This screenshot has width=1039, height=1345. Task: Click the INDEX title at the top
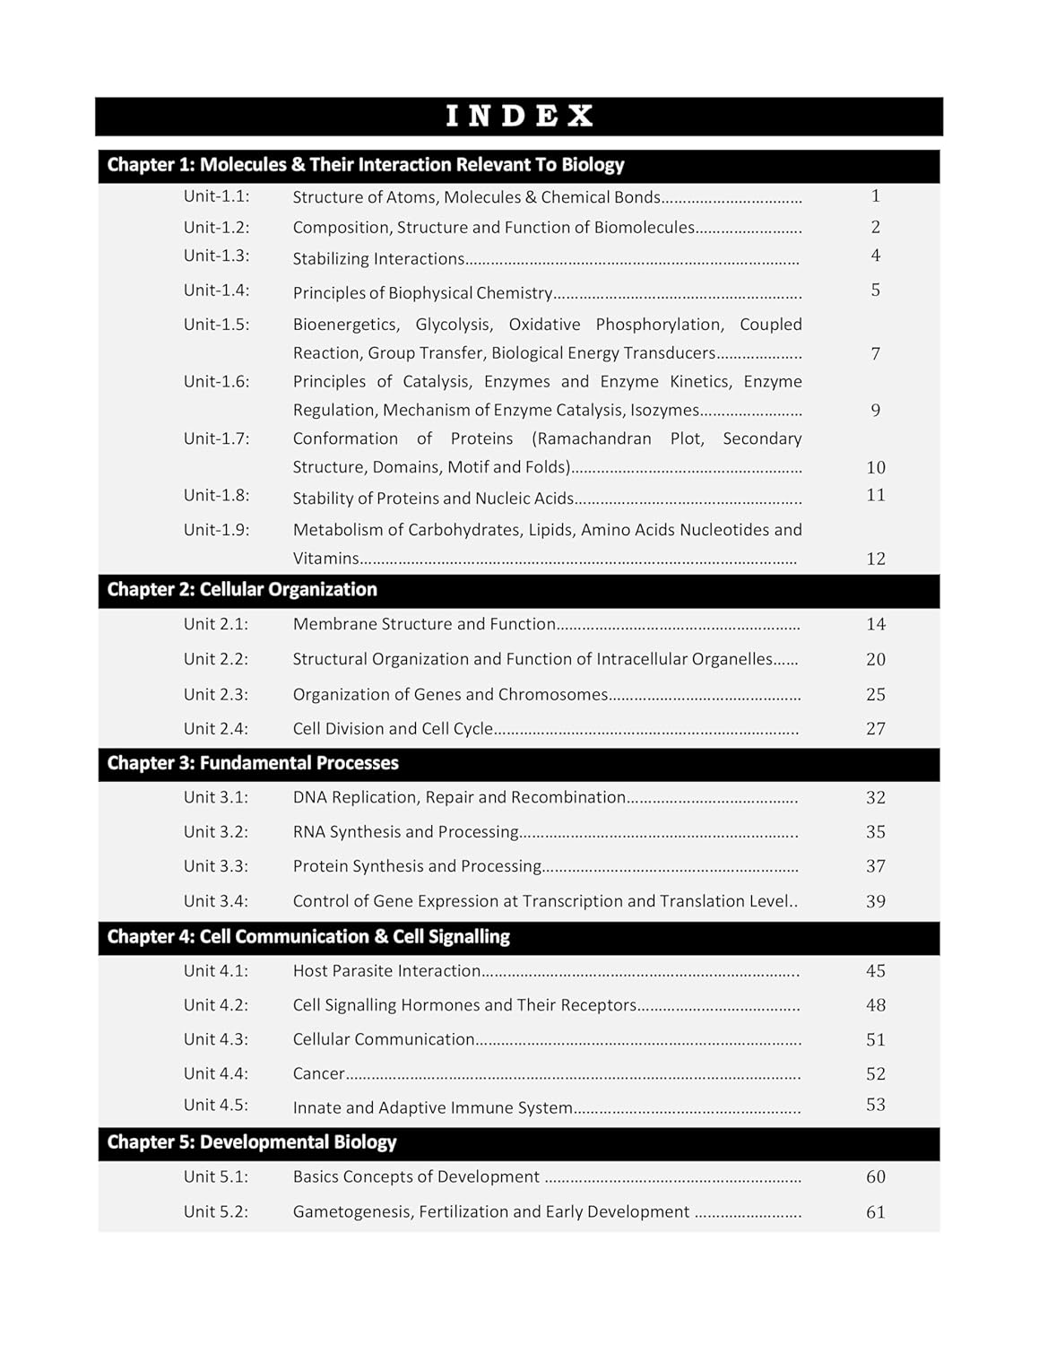[519, 117]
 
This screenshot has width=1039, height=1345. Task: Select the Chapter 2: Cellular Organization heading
[242, 590]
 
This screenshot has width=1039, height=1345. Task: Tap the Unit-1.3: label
[216, 256]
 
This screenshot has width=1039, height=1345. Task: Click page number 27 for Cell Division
[875, 729]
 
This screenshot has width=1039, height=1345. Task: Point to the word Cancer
[318, 1073]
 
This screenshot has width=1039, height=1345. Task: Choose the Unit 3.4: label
[216, 901]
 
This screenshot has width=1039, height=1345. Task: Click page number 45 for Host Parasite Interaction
[875, 971]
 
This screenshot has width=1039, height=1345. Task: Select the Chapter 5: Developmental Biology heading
[252, 1142]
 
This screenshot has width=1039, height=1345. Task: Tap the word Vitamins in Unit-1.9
[325, 559]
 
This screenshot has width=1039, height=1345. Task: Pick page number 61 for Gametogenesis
[875, 1212]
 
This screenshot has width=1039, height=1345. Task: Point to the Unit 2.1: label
[216, 624]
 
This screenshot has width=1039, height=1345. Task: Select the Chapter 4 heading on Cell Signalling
[308, 937]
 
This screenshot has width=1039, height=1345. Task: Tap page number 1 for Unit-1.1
[875, 196]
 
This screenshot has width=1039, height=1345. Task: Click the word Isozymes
[664, 411]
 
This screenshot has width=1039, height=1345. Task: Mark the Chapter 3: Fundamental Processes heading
[253, 763]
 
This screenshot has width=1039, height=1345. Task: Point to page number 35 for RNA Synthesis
[875, 832]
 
